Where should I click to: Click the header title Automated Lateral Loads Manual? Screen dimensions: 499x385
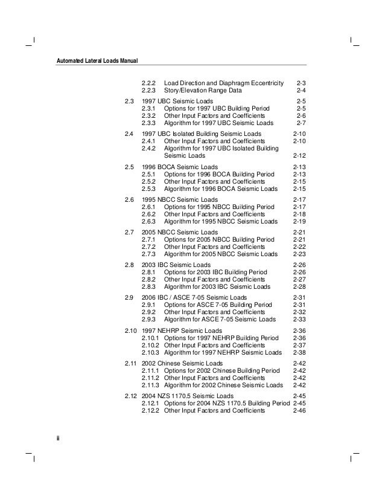tap(97, 60)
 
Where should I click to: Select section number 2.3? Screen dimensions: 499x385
tap(129, 100)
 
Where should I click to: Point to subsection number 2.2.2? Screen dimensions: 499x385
tap(148, 82)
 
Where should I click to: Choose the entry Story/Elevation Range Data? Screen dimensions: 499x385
tap(203, 90)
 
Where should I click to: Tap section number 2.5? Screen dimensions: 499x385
tap(129, 166)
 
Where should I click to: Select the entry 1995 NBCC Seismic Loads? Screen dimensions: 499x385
tap(179, 199)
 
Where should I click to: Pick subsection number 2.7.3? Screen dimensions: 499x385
tap(148, 254)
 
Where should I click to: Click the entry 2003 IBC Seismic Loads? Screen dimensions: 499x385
tap(176, 265)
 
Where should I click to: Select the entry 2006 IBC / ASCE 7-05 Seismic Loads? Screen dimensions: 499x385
tap(194, 298)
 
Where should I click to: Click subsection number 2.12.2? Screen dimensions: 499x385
tap(151, 411)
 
